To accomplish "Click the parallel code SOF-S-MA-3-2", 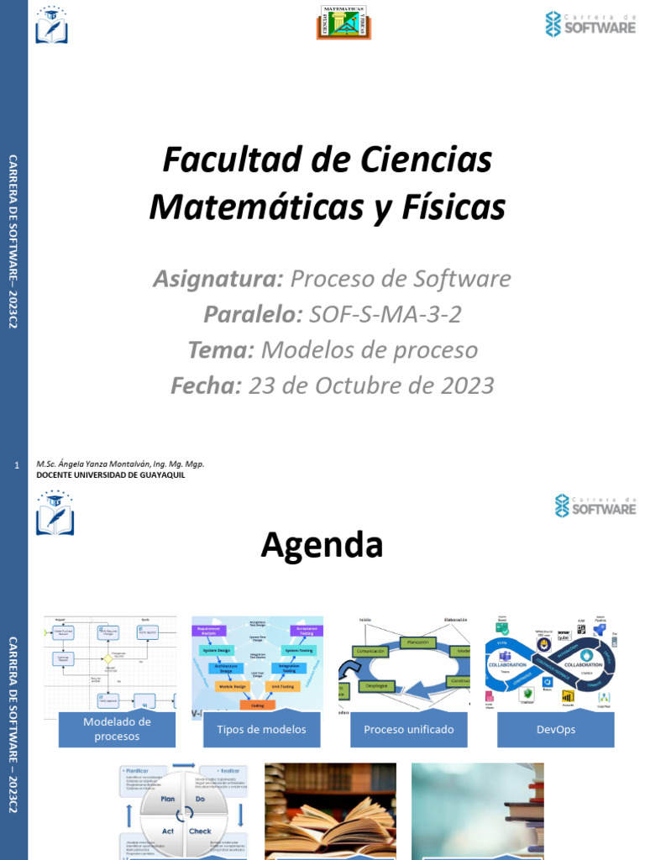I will pyautogui.click(x=385, y=315).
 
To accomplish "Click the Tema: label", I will pyautogui.click(x=220, y=350).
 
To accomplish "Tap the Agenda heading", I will pyautogui.click(x=322, y=545).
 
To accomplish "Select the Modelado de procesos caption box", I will pyautogui.click(x=117, y=729).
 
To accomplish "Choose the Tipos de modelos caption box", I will pyautogui.click(x=262, y=729).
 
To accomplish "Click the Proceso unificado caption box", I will pyautogui.click(x=409, y=729).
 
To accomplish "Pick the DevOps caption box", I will pyautogui.click(x=555, y=729).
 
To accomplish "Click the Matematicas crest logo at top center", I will pyautogui.click(x=343, y=23).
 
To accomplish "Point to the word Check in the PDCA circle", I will pyautogui.click(x=200, y=831).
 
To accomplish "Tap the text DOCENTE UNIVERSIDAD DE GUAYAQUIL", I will pyautogui.click(x=110, y=475).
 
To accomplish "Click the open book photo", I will pyautogui.click(x=330, y=811).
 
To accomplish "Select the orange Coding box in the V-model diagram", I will pyautogui.click(x=257, y=705).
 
